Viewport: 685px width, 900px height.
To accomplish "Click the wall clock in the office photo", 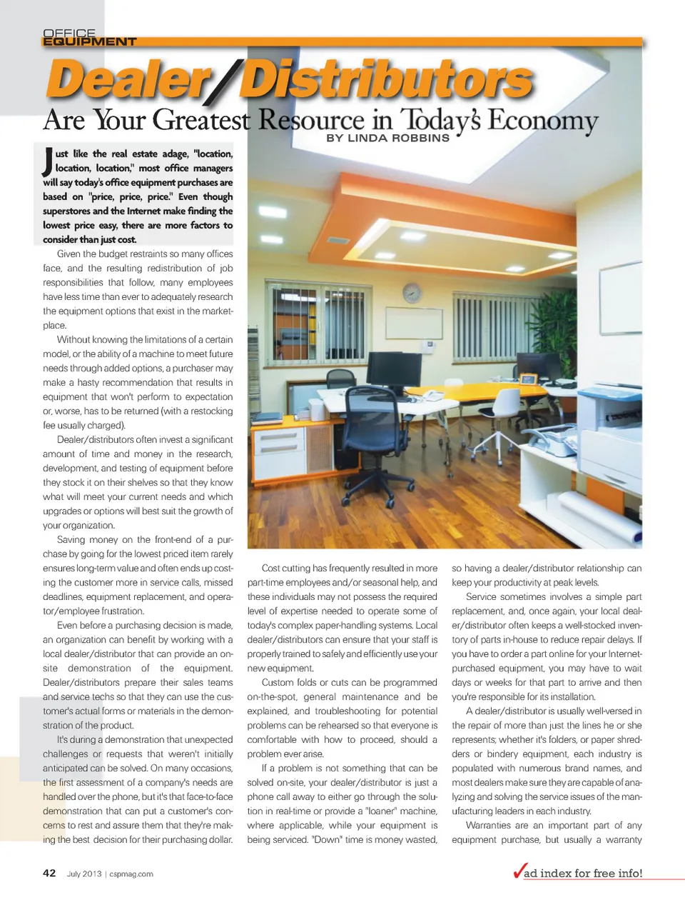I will (x=412, y=292).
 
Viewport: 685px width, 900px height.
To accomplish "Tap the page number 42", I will (x=49, y=873).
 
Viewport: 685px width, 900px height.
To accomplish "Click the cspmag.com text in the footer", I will (x=131, y=874).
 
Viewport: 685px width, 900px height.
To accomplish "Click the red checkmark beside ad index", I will (x=519, y=871).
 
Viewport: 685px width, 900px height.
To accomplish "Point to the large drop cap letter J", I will (x=46, y=161).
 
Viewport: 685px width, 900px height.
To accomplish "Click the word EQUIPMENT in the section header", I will (x=89, y=41).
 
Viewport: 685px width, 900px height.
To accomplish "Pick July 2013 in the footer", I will (x=84, y=874).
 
